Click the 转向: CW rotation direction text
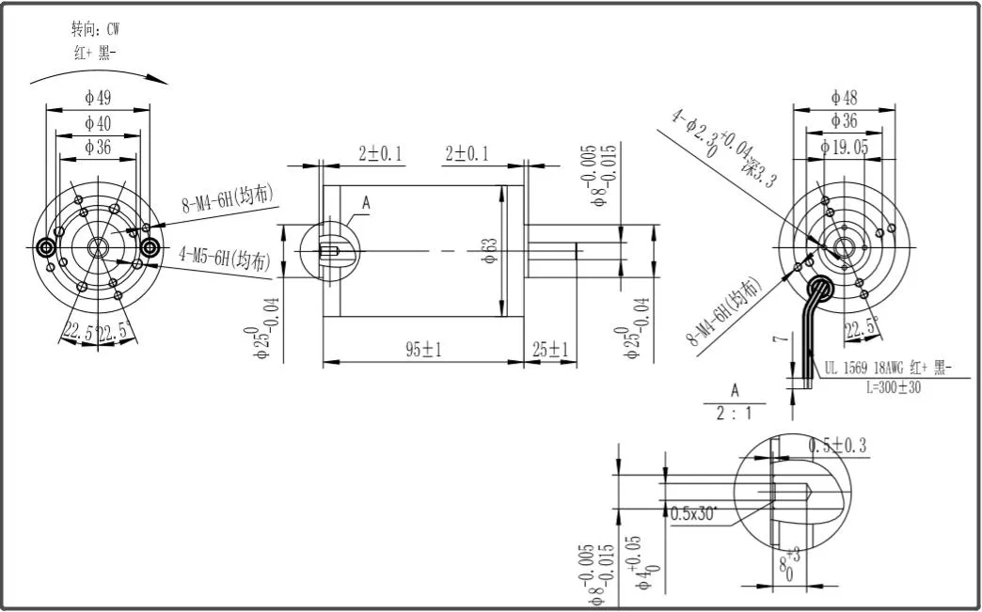point(95,29)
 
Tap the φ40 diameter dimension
point(99,123)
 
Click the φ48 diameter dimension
point(843,97)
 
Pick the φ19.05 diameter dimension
point(843,147)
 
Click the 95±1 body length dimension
point(423,350)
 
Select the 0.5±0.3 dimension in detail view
point(839,445)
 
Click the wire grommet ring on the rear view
point(822,287)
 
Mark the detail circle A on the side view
point(327,252)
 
